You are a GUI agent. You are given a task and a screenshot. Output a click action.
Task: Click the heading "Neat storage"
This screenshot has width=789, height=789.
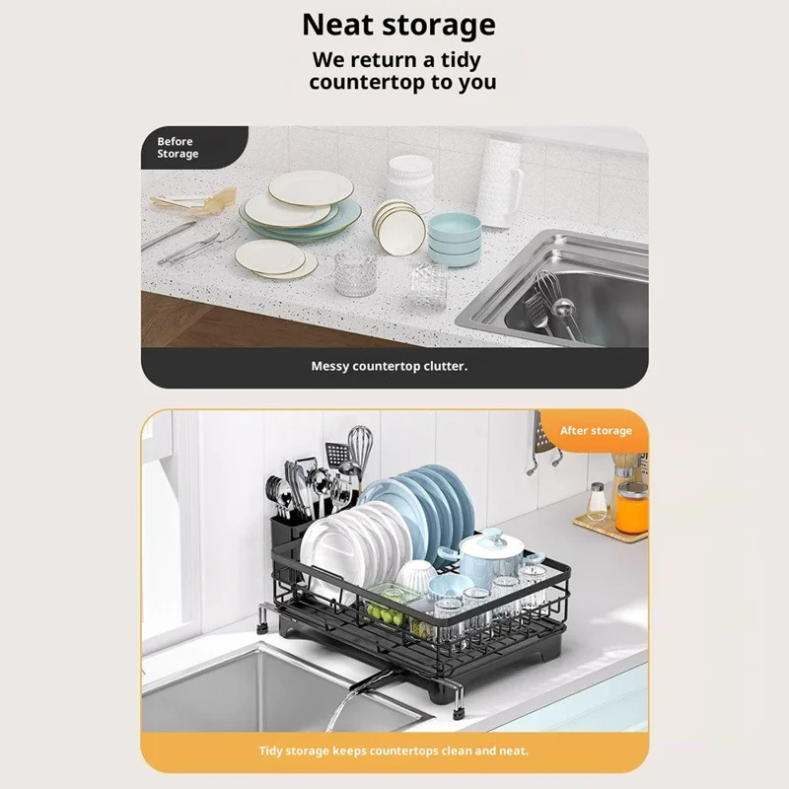coord(398,26)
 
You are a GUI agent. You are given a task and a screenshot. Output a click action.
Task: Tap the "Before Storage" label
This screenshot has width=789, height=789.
coord(178,147)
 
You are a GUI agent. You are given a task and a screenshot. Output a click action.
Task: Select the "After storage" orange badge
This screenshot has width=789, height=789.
coord(596,431)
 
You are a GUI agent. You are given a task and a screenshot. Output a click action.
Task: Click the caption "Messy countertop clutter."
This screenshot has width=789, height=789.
coord(389,366)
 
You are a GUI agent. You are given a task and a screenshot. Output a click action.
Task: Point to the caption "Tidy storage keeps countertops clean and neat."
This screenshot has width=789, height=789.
coord(394,751)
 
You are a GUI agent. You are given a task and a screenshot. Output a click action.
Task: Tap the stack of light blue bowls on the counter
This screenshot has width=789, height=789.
coord(455,239)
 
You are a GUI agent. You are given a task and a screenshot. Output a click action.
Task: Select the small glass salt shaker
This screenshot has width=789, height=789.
coord(597,501)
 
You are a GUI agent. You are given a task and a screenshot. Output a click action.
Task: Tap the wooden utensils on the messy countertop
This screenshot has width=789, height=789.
coord(193,200)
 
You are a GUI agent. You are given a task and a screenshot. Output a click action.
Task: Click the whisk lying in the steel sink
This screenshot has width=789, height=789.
coord(547,292)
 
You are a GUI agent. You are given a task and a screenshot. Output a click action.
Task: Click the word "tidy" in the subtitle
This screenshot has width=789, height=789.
coord(461,60)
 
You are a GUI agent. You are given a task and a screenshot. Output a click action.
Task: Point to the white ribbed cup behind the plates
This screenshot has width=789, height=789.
coord(410,180)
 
